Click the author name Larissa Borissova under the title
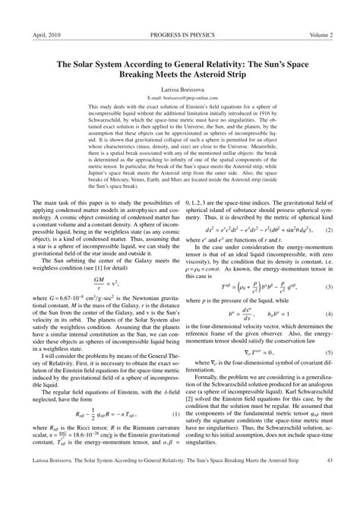click(179, 89)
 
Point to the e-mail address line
click(179, 99)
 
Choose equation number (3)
click(329, 287)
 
